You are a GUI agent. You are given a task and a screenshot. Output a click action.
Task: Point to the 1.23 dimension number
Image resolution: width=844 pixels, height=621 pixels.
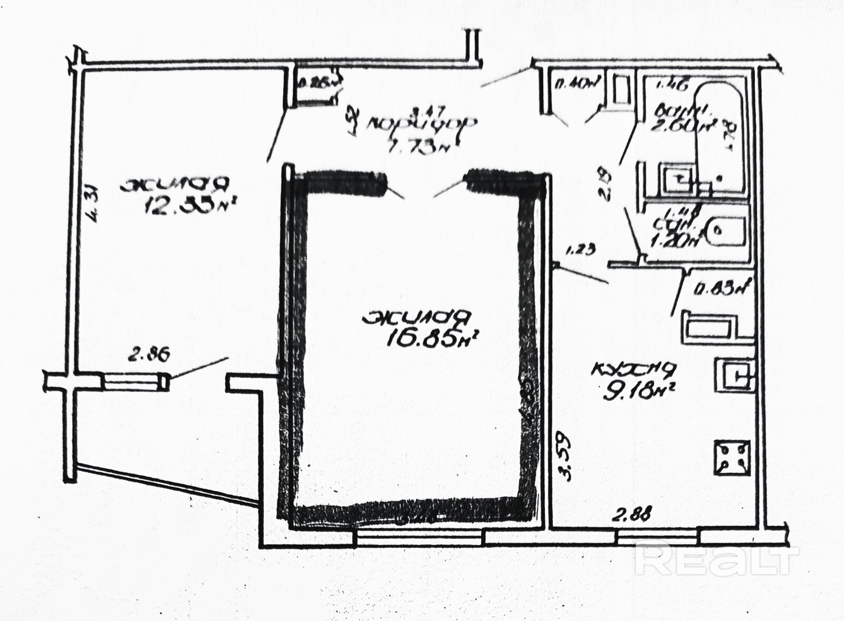point(580,250)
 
